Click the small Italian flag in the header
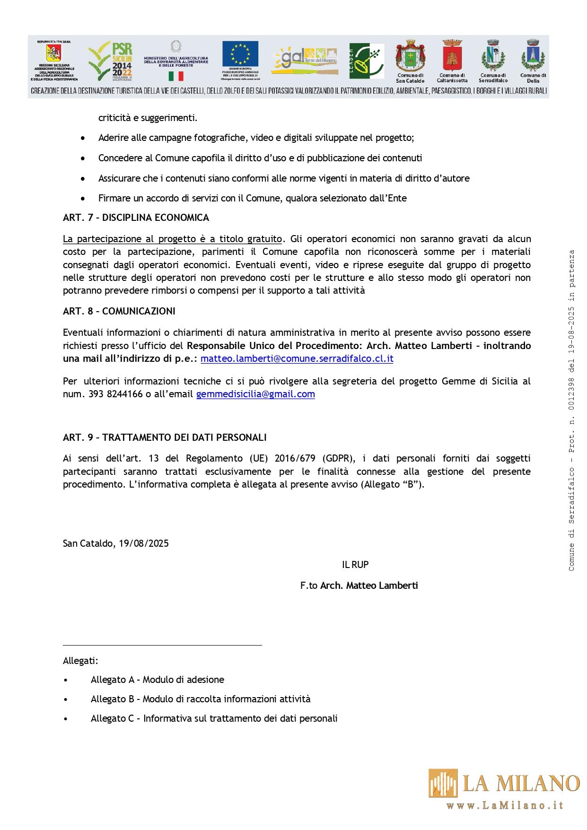pos(176,76)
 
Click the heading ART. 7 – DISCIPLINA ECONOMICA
pos(136,218)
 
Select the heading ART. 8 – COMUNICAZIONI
pos(119,311)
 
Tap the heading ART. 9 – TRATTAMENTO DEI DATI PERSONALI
pos(165,437)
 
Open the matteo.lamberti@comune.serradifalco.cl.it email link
pos(297,358)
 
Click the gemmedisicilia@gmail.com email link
pos(255,394)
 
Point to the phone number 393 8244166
pos(115,394)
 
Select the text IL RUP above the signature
pos(355,565)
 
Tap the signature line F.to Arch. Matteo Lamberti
pos(359,585)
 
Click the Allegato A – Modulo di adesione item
pos(157,680)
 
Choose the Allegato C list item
pos(214,718)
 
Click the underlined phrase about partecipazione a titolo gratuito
pos(173,239)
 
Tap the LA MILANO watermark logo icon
pos(443,783)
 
